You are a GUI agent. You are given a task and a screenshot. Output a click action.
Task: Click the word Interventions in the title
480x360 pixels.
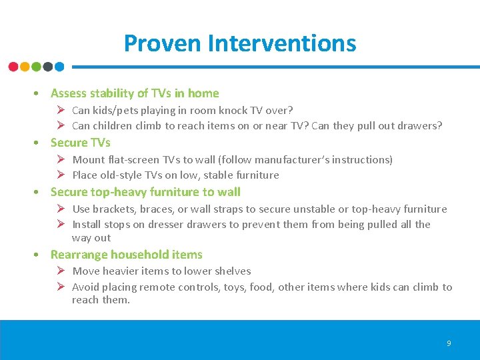pyautogui.click(x=282, y=43)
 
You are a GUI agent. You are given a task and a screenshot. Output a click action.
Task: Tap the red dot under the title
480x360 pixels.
pyautogui.click(x=13, y=67)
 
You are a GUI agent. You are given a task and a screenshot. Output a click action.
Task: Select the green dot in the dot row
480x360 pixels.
pyautogui.click(x=36, y=67)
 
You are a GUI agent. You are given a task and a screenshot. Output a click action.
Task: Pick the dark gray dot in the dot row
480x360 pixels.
pyautogui.click(x=48, y=67)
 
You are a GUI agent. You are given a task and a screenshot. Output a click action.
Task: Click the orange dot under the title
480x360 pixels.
pyautogui.click(x=25, y=67)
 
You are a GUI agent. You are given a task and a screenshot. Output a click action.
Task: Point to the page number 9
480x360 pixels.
pyautogui.click(x=449, y=343)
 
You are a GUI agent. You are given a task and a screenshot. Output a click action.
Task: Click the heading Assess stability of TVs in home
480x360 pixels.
pyautogui.click(x=135, y=93)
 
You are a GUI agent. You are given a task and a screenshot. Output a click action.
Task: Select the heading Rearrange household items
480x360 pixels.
pyautogui.click(x=126, y=255)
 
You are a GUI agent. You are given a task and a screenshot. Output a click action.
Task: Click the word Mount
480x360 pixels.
pyautogui.click(x=88, y=159)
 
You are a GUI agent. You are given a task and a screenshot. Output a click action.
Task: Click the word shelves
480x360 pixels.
pyautogui.click(x=232, y=271)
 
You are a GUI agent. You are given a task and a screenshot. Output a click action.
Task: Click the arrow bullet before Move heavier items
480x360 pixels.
pyautogui.click(x=59, y=271)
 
